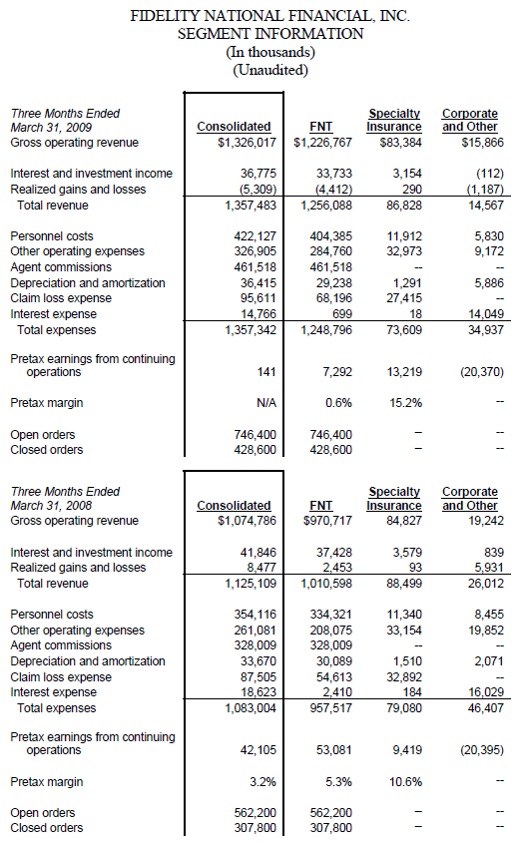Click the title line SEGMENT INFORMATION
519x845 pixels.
pos(270,34)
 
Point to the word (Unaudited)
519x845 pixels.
pos(270,70)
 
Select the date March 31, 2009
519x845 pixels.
pos(51,128)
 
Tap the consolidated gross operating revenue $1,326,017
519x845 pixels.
pos(247,143)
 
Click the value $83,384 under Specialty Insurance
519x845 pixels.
pos(400,143)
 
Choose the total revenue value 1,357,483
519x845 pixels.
pos(251,206)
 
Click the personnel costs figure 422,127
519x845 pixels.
pos(255,236)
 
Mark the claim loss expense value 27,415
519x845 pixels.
pos(404,298)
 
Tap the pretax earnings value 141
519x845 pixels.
pos(266,372)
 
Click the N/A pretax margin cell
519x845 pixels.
pos(266,403)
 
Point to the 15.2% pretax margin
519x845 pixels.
pos(406,403)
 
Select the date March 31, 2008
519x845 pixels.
pos(51,506)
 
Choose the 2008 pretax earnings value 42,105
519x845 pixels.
pos(259,750)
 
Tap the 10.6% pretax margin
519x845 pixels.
pos(406,782)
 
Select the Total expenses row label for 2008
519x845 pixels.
pos(57,708)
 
